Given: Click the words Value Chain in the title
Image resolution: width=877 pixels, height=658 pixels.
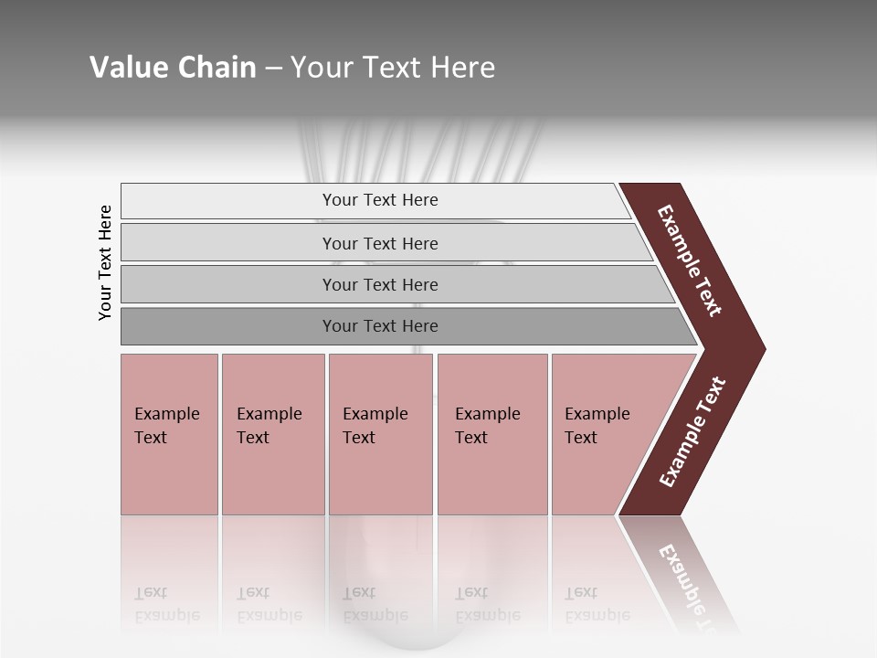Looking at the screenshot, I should (x=173, y=68).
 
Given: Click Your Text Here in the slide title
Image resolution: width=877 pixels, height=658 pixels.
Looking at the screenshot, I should (x=393, y=68).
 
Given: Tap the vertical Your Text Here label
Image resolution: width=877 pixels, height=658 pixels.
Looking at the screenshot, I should (x=105, y=262).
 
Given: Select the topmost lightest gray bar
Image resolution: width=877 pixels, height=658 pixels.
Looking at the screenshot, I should (x=228, y=200).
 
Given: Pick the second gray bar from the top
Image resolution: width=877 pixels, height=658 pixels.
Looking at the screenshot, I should (x=228, y=243).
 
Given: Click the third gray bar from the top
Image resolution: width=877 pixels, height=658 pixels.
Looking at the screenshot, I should (x=228, y=284).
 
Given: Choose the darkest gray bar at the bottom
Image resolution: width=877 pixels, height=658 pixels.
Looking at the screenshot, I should (x=228, y=326).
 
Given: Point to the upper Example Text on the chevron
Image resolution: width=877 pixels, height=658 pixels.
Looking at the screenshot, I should (x=690, y=260).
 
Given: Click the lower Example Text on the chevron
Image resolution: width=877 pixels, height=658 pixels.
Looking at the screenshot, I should (x=692, y=432).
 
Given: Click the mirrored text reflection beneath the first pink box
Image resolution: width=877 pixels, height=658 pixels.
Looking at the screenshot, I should (x=167, y=604).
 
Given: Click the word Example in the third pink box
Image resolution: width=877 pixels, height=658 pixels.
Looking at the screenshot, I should (x=375, y=414).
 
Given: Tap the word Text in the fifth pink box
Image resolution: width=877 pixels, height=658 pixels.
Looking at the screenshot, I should (x=581, y=438).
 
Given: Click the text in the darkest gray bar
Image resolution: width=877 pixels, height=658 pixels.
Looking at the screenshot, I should (x=380, y=326).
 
